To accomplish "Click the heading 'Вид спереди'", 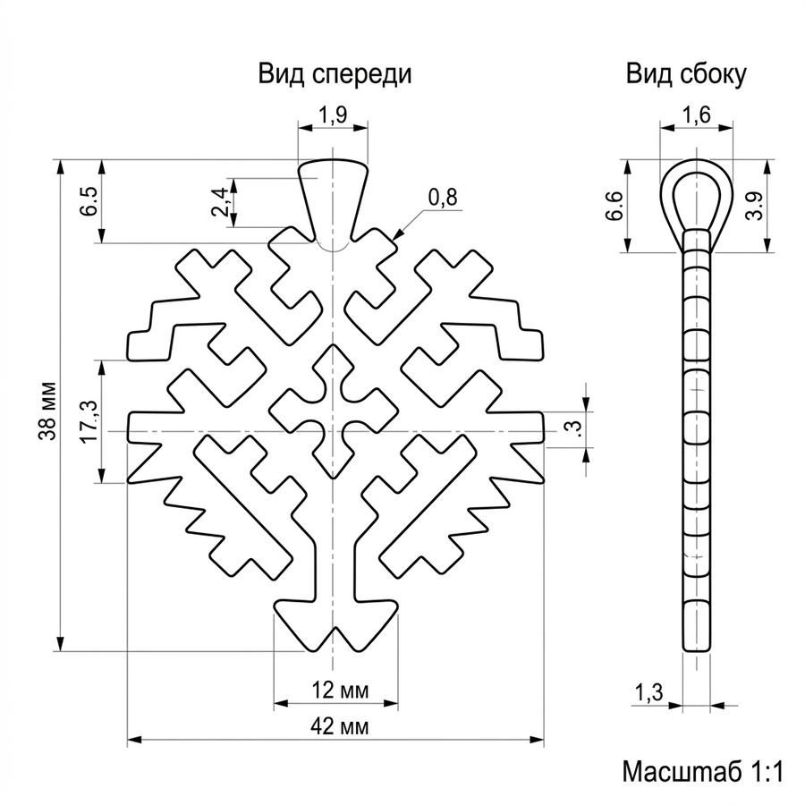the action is coord(335,74).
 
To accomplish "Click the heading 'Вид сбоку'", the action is coord(686,74).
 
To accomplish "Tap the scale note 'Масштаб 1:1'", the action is coord(703,772).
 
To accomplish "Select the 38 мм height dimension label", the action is coord(47,411).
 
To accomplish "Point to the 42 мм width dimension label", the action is coord(339,726).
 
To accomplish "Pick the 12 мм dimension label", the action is coord(340,691).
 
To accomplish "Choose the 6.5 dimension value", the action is coord(88,201).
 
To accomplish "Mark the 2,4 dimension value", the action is coord(220,202).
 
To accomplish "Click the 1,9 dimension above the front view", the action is coord(333,115).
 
